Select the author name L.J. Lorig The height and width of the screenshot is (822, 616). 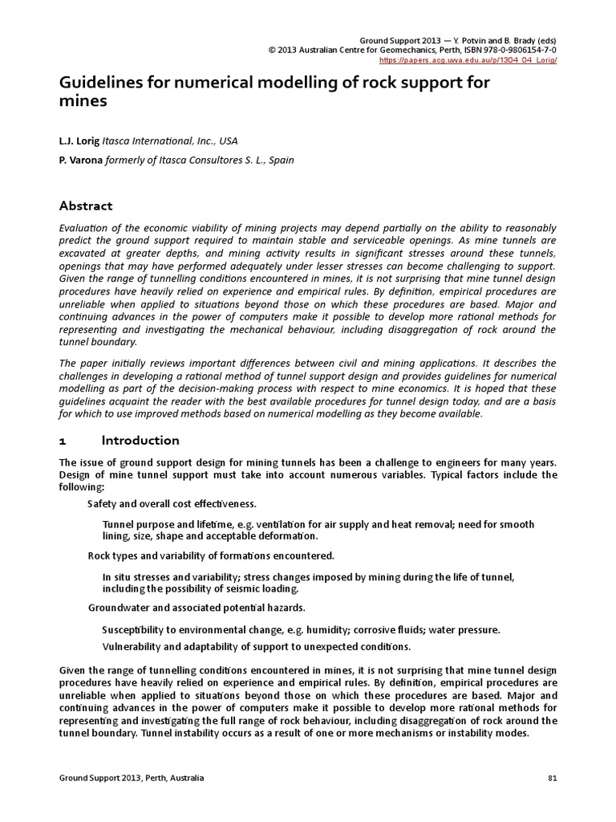(79, 140)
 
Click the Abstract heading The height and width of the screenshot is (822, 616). (86, 205)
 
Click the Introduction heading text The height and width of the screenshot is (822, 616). (140, 440)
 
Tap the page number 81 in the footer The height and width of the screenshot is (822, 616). (552, 778)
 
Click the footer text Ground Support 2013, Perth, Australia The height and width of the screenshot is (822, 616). (132, 778)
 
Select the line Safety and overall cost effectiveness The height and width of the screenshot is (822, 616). (172, 504)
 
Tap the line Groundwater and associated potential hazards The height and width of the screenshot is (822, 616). (196, 608)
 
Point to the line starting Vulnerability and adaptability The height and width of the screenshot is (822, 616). (257, 646)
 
